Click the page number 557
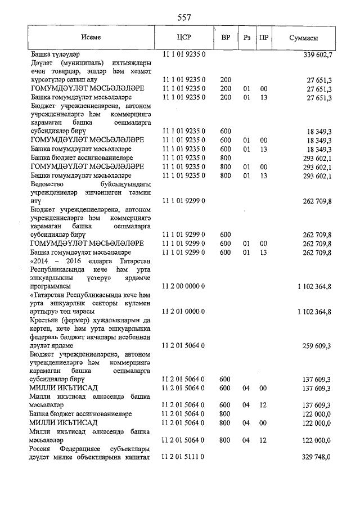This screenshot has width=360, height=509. [x=184, y=17]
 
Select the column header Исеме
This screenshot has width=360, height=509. [x=91, y=38]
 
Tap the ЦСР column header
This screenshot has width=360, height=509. [x=184, y=38]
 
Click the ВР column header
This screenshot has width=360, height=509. [x=226, y=38]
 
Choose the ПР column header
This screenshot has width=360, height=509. [x=263, y=38]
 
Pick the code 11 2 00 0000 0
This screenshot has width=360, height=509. [x=183, y=286]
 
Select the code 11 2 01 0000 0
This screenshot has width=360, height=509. [x=183, y=311]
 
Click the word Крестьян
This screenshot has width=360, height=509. [x=46, y=321]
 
